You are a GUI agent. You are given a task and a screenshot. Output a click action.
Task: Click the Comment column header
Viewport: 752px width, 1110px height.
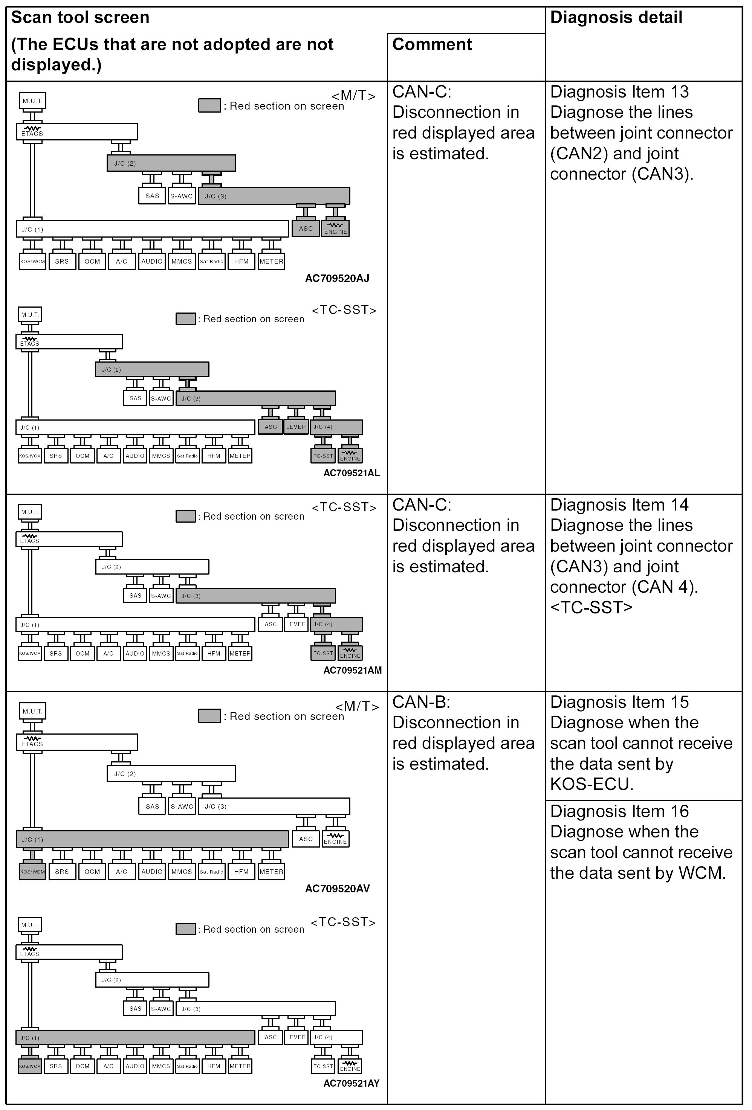tap(432, 44)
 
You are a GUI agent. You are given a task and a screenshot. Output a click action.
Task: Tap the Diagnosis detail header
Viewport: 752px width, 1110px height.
tap(616, 18)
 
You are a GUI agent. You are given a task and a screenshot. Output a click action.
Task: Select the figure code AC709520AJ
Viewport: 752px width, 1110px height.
tap(337, 279)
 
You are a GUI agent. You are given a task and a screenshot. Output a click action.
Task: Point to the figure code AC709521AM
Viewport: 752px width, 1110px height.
tap(353, 670)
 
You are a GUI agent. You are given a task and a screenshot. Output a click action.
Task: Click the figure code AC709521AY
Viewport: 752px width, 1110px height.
tap(351, 1083)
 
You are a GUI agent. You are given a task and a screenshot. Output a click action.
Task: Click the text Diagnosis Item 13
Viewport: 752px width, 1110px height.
tap(619, 92)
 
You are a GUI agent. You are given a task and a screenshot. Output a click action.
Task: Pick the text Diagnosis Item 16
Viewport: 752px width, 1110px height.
tap(619, 811)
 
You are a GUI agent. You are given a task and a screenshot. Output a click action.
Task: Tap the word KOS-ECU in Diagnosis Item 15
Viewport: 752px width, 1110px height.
tap(591, 784)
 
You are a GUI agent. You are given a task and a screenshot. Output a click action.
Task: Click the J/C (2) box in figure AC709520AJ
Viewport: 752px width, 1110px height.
tap(171, 163)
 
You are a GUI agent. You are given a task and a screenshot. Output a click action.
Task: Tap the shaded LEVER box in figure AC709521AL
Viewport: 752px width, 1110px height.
tap(296, 427)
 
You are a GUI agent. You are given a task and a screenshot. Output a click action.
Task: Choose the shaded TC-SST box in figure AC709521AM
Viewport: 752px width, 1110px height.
tap(323, 653)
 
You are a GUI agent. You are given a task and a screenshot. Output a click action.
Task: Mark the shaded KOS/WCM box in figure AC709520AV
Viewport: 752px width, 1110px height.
tap(32, 872)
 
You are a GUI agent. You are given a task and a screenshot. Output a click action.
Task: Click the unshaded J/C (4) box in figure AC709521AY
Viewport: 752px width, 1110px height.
tap(336, 1037)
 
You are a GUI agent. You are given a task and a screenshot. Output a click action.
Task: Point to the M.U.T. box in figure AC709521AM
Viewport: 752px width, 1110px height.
tap(30, 512)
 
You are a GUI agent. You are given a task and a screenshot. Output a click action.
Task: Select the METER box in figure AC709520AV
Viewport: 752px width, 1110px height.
tap(271, 872)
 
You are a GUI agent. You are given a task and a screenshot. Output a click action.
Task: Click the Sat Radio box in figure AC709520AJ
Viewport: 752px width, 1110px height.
tap(212, 261)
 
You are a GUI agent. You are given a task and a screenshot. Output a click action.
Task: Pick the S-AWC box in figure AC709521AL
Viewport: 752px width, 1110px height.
tap(161, 398)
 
